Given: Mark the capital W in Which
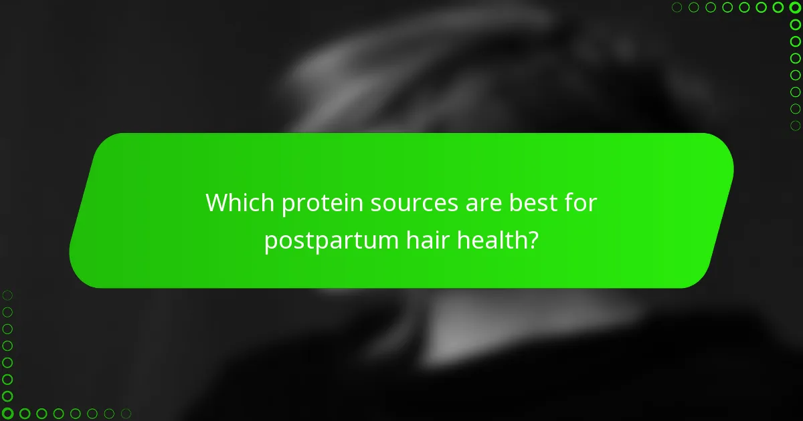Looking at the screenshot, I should coord(217,202).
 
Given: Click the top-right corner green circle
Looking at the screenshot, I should coord(795,7).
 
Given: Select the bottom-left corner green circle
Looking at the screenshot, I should coord(7,414).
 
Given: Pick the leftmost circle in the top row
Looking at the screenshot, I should coord(677,7).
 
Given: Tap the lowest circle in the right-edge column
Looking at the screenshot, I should coord(795,126).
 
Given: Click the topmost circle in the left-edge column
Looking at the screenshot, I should coord(7,295).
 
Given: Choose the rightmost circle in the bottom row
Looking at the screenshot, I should coord(126,414).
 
